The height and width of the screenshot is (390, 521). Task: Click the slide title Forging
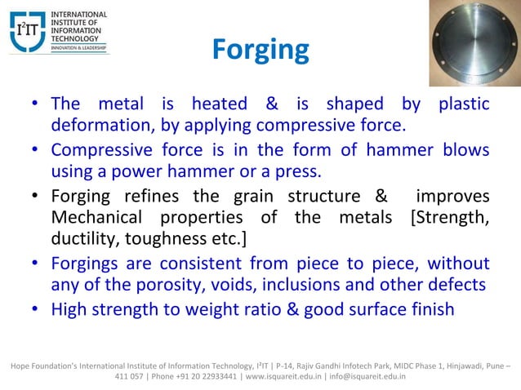click(x=260, y=51)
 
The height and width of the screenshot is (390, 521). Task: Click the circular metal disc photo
click(x=473, y=42)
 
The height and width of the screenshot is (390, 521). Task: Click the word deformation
click(x=92, y=126)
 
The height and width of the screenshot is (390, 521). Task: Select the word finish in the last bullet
click(x=430, y=310)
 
